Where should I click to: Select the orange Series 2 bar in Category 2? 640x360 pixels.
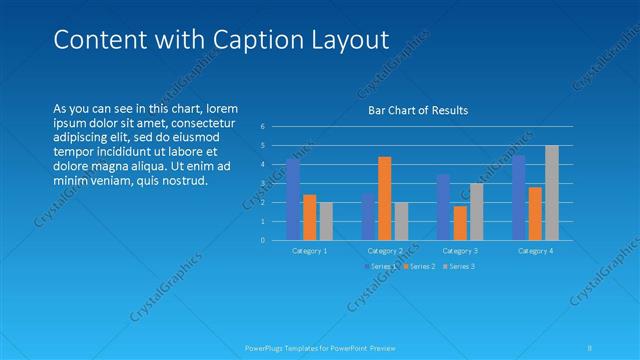pos(384,198)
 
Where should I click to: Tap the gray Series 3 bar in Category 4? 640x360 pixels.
pos(552,193)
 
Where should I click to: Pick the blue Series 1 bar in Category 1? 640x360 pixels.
pos(292,199)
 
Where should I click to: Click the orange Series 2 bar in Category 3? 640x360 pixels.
pos(460,223)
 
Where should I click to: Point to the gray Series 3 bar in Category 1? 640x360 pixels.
pos(326,221)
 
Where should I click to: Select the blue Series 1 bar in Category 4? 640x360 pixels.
pos(518,197)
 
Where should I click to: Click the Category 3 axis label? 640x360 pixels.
pos(460,250)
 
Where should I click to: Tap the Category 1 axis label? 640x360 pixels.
pos(309,250)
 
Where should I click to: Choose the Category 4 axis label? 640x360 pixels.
pos(535,250)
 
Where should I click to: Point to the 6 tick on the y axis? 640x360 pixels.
pos(262,126)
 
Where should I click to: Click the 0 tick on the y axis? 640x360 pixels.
pos(262,240)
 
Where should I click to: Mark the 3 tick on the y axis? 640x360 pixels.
pos(262,183)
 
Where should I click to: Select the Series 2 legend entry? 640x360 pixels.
pos(421,266)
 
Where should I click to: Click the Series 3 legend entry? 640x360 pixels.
pos(460,266)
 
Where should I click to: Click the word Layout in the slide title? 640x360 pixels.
pos(339,40)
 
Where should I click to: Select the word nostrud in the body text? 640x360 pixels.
pos(182,181)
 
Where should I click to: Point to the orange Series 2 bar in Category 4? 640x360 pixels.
pos(535,213)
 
